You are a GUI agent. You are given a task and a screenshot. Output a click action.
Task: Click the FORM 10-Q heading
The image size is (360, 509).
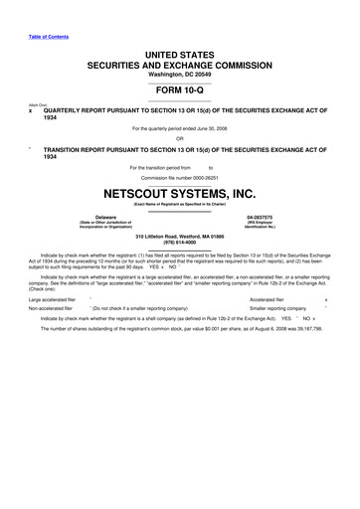pyautogui.click(x=180, y=91)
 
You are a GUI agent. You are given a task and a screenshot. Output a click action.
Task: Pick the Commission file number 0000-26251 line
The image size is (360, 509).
pyautogui.click(x=180, y=176)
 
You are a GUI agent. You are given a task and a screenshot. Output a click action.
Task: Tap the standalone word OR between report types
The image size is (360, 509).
pyautogui.click(x=180, y=138)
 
